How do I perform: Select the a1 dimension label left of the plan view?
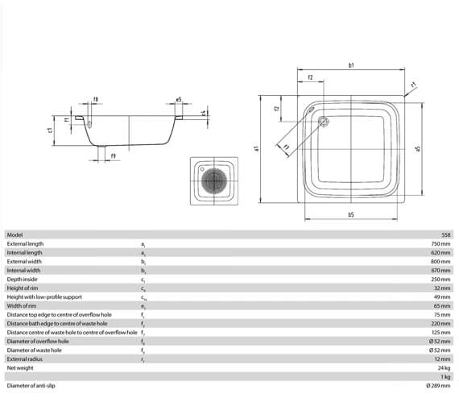pyautogui.click(x=255, y=148)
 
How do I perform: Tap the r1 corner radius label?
pyautogui.click(x=412, y=84)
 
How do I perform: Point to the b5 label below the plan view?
pyautogui.click(x=351, y=214)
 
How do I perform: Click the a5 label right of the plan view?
pyautogui.click(x=418, y=148)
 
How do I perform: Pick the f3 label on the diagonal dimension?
pyautogui.click(x=285, y=146)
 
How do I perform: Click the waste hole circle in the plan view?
pyautogui.click(x=324, y=122)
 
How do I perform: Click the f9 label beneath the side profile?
pyautogui.click(x=113, y=154)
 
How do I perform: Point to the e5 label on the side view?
pyautogui.click(x=178, y=101)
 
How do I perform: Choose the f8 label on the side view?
pyautogui.click(x=96, y=100)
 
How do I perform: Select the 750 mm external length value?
pyautogui.click(x=440, y=243)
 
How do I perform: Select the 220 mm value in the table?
pyautogui.click(x=440, y=323)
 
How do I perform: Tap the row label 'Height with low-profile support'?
pyautogui.click(x=44, y=296)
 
